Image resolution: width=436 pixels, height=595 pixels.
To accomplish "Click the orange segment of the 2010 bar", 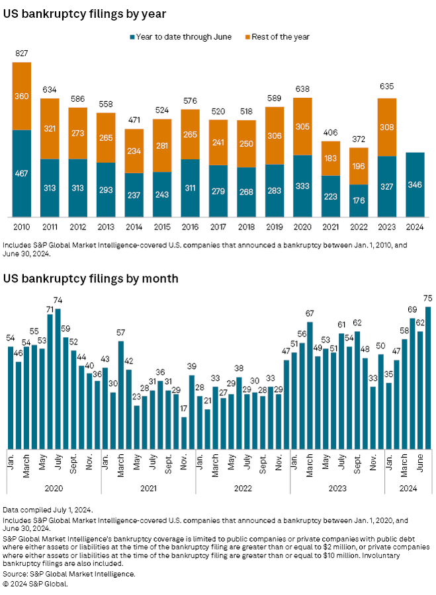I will (22, 96).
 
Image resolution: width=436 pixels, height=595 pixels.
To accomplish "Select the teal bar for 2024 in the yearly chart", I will (415, 184).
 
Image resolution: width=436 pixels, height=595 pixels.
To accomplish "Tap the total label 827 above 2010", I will (22, 54).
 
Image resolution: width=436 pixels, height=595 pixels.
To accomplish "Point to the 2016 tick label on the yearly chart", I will (191, 227).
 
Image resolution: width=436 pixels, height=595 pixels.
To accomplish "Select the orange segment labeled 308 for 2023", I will (386, 127).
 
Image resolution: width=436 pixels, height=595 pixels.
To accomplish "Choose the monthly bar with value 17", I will (184, 433).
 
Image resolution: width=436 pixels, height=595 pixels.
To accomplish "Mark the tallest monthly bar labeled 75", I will (427, 377).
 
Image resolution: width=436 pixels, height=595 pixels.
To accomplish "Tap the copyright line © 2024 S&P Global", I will (40, 584).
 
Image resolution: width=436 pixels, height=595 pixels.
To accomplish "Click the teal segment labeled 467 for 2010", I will (22, 173).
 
